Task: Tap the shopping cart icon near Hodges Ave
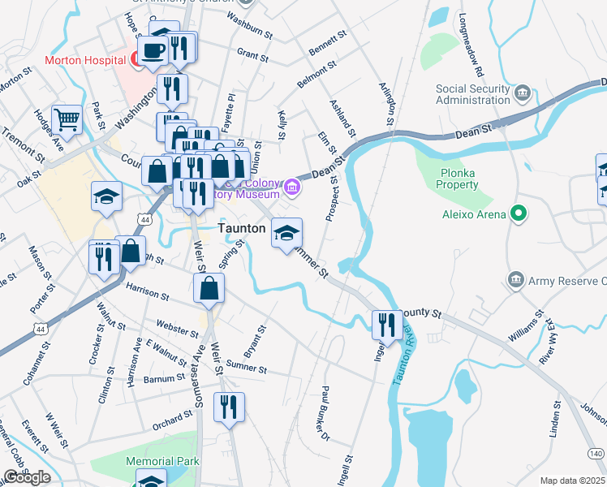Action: point(67,120)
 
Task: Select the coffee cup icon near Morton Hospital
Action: point(152,50)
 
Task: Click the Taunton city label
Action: point(242,229)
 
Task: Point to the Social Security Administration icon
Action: point(523,94)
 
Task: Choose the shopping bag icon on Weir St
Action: point(209,288)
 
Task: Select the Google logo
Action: point(27,477)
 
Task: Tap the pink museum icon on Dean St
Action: point(292,190)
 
